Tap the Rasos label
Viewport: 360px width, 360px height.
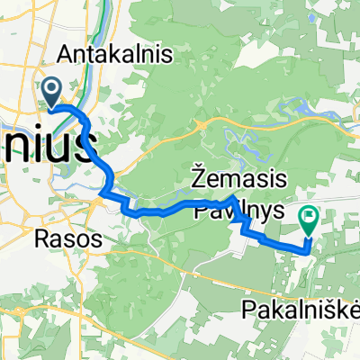click(58, 241)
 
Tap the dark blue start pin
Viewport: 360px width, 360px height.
click(51, 91)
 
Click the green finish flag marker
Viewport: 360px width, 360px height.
click(310, 217)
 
